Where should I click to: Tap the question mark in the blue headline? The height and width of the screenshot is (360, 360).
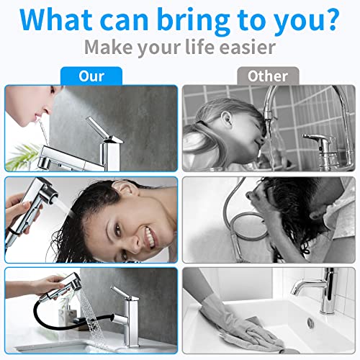330,19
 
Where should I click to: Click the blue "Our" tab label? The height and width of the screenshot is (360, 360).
91,76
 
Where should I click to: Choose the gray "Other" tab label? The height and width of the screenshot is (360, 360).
268,76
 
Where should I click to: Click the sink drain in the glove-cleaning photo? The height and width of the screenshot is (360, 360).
310,322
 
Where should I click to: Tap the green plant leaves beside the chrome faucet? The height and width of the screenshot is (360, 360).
23,156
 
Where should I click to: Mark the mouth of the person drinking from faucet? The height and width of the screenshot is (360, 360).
38,116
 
